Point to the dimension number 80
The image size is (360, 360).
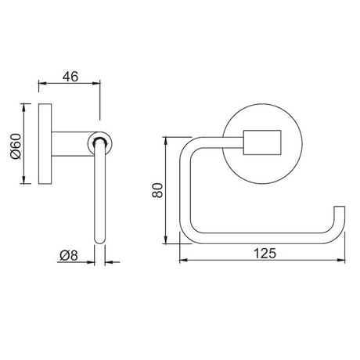(156, 190)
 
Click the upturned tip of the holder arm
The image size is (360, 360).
(338, 215)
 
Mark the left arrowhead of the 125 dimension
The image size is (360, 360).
(183, 261)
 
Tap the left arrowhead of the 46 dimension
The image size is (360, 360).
(41, 84)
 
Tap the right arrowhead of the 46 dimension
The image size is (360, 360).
(99, 84)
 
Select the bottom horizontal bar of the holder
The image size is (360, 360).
(258, 239)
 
